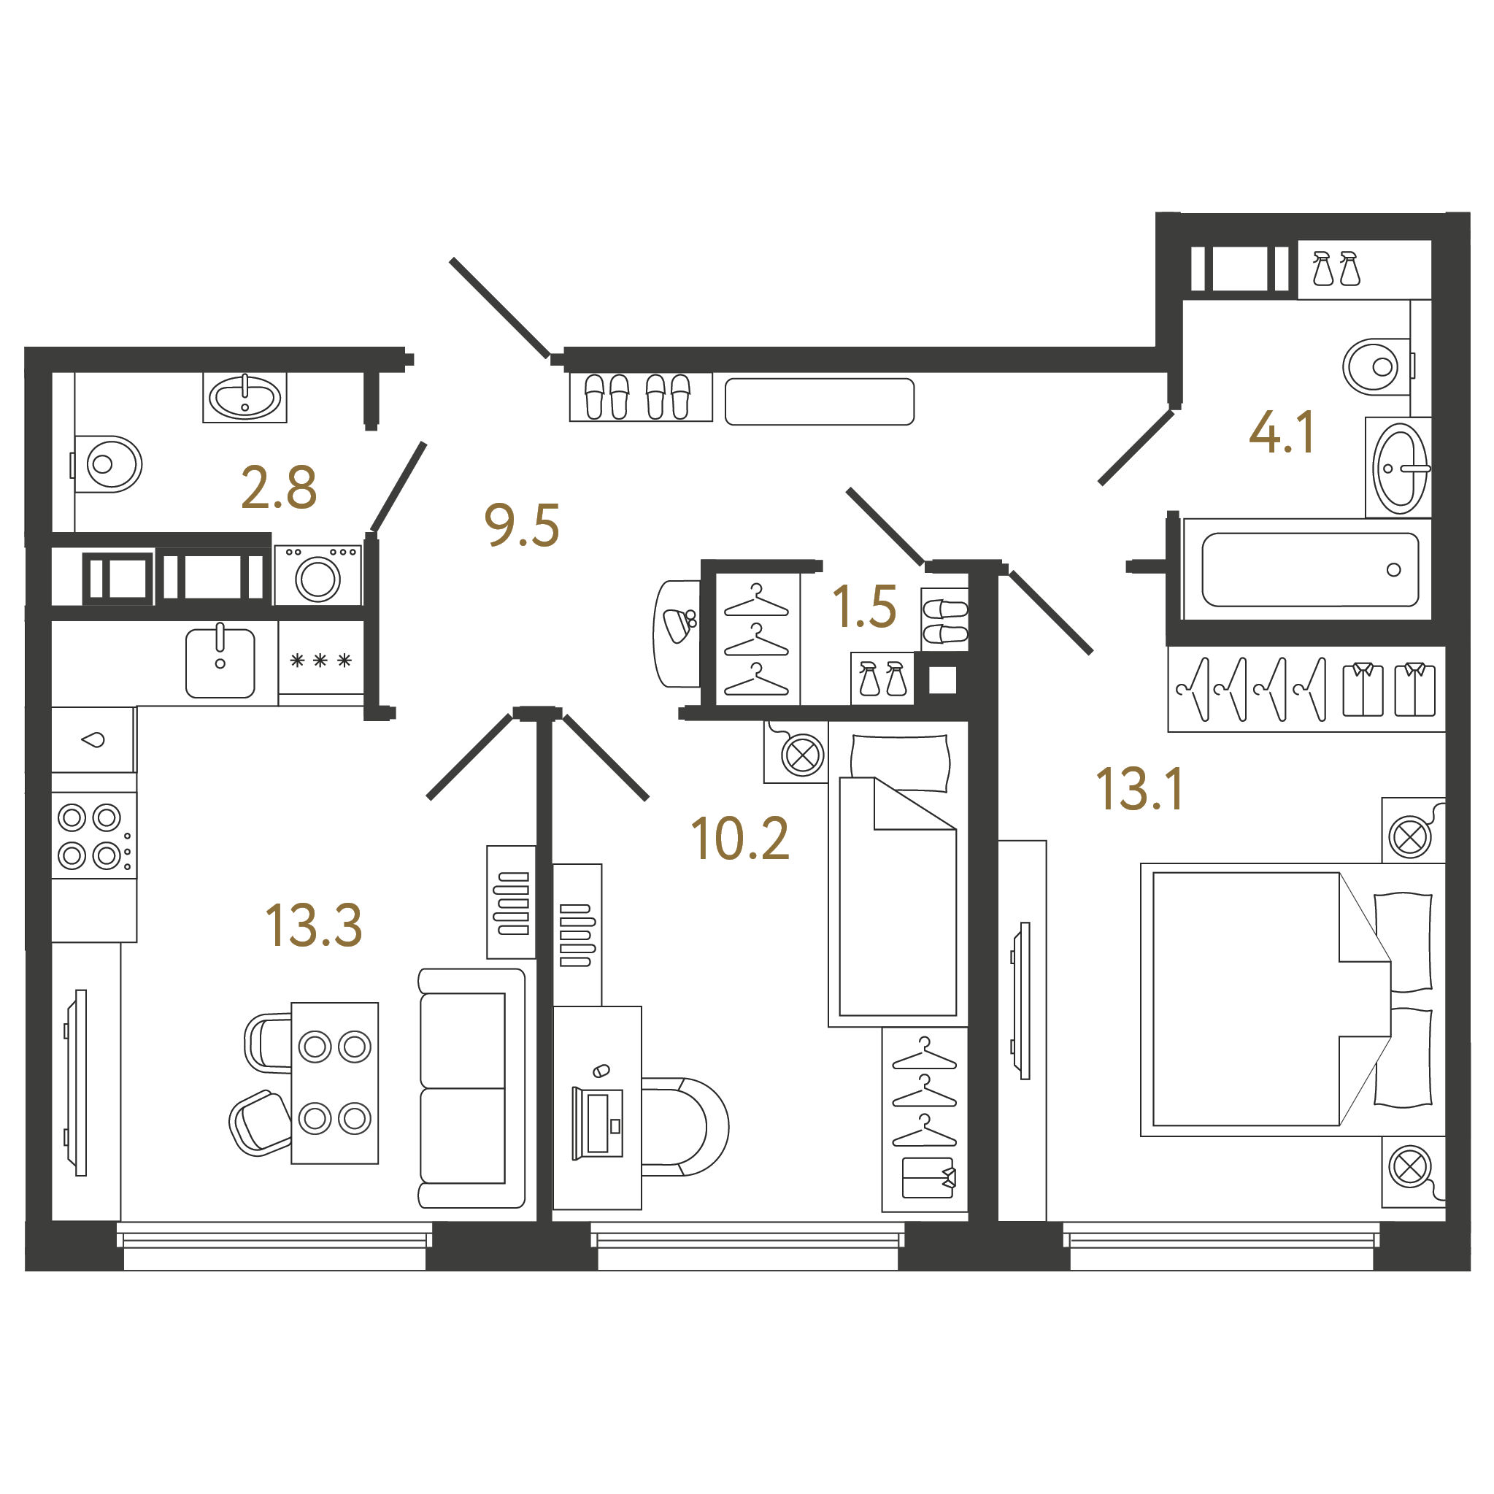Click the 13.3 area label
[x=313, y=925]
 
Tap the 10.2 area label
[x=740, y=839]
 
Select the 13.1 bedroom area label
[x=1140, y=790]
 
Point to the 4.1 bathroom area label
[x=1282, y=432]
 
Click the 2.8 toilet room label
[x=279, y=488]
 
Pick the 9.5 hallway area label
[x=522, y=525]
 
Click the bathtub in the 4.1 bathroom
[x=1310, y=570]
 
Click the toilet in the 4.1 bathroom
[x=1379, y=366]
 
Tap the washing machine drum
[x=317, y=579]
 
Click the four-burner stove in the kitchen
[x=93, y=835]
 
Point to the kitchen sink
[x=220, y=663]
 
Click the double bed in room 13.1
[x=1292, y=1000]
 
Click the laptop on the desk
[x=597, y=1123]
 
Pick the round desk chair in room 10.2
[x=685, y=1127]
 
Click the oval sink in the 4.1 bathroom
[x=1400, y=468]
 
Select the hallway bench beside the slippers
[x=820, y=401]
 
